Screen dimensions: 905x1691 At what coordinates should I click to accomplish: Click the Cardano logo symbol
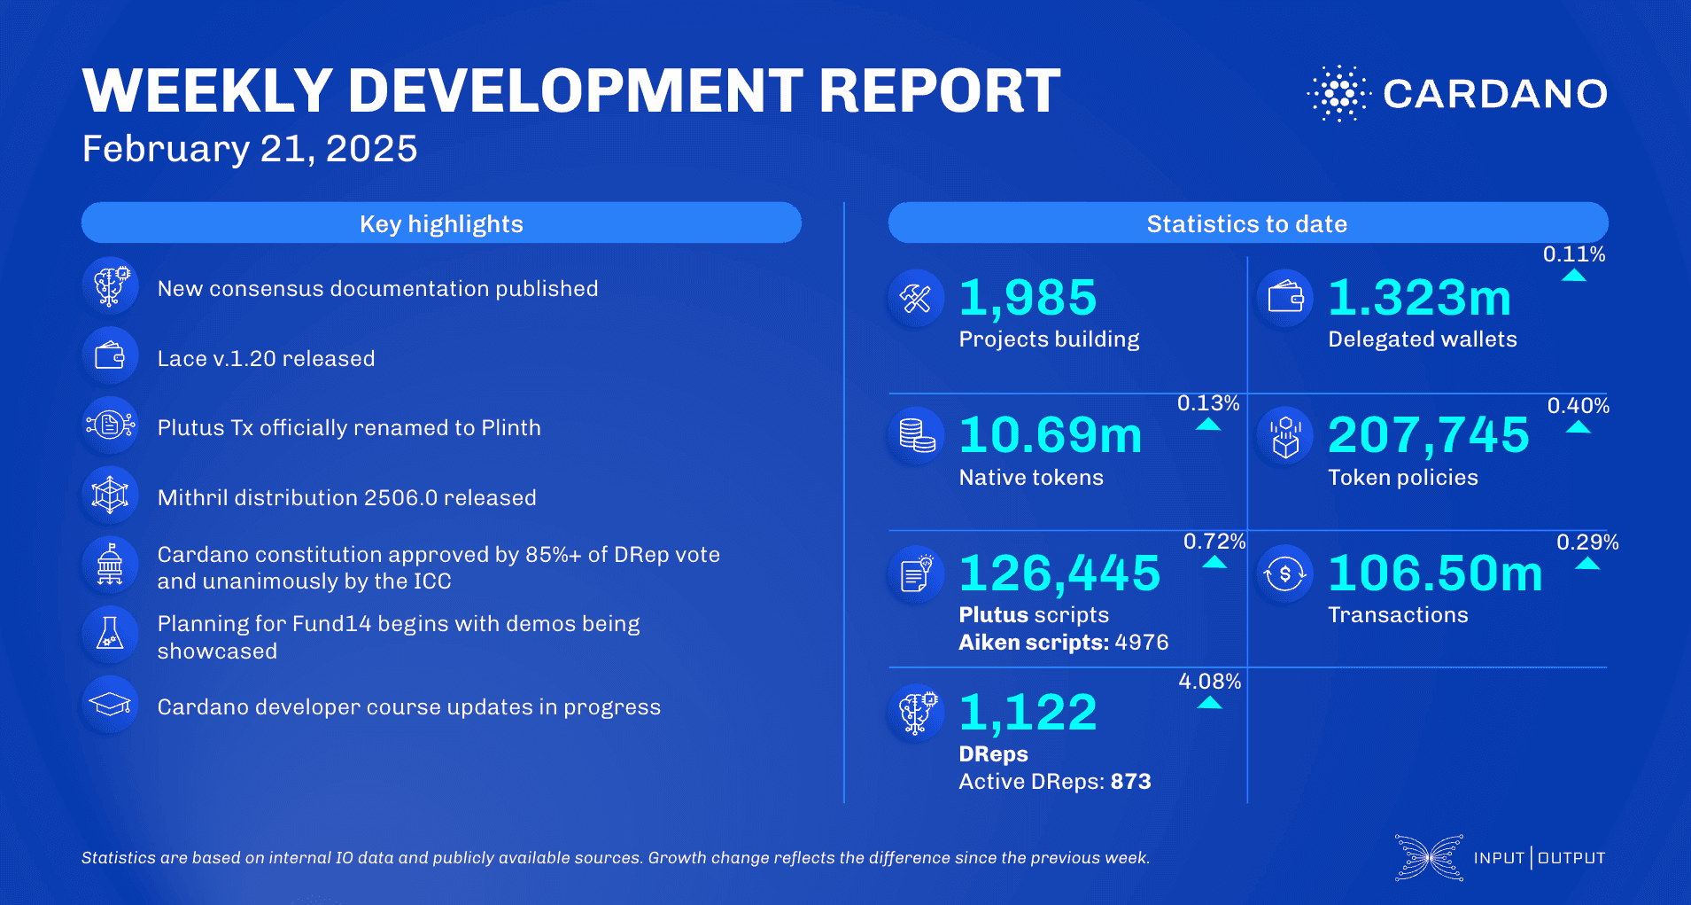pos(1338,93)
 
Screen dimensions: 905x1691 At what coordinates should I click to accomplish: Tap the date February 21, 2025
pos(250,149)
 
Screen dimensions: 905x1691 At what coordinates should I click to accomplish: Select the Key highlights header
pos(441,223)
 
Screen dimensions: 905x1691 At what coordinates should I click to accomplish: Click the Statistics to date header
pos(1247,223)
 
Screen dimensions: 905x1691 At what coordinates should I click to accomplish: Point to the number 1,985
pos(1028,298)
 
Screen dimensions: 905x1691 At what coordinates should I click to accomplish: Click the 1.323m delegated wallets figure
pos(1419,298)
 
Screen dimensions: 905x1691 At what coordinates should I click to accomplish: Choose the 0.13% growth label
pos(1208,403)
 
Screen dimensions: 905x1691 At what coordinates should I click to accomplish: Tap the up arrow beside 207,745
pos(1579,428)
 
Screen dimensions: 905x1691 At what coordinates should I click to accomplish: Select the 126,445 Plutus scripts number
pos(1059,573)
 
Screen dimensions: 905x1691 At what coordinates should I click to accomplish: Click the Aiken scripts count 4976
pos(1142,643)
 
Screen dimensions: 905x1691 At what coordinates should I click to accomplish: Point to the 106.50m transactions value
pos(1435,573)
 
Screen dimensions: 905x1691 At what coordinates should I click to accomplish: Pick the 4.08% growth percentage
pos(1209,682)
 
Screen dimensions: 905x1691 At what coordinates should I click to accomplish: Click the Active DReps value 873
pos(1131,782)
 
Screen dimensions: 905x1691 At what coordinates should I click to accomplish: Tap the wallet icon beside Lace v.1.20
pos(110,356)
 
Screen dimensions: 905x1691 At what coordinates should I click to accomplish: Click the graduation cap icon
pos(110,705)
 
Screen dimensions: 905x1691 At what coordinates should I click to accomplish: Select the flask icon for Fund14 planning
pos(110,634)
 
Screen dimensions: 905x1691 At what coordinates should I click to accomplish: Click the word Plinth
pos(511,428)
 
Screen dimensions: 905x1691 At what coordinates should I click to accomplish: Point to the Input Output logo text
pos(1539,858)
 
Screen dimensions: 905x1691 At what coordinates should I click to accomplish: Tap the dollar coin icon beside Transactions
pos(1284,573)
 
